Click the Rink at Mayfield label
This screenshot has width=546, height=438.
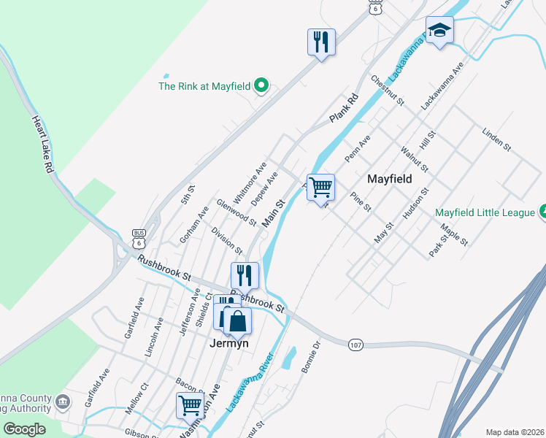point(205,86)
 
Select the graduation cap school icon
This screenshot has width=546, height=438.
point(439,31)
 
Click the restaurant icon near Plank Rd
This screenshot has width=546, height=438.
point(321,42)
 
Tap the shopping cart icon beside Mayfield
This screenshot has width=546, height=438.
point(320,188)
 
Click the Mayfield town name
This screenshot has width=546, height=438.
point(389,179)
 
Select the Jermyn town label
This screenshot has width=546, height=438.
point(229,343)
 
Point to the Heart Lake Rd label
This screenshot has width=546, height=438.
point(43,145)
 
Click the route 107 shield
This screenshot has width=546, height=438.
point(355,345)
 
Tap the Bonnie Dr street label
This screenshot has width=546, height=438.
point(311,358)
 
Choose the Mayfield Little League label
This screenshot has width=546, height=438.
point(486,213)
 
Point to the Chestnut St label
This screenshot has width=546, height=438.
point(388,90)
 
